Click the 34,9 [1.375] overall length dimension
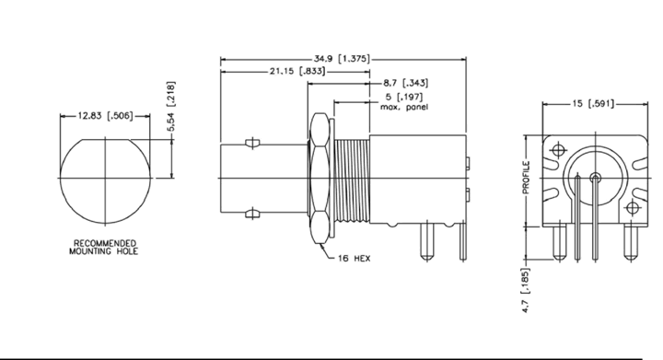point(342,58)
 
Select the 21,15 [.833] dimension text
point(298,71)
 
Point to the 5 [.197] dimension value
point(404,97)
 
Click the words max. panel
point(404,107)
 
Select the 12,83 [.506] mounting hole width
point(105,115)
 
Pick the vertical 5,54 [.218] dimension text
point(170,107)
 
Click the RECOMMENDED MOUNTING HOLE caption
point(104,247)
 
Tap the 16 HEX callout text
point(355,258)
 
